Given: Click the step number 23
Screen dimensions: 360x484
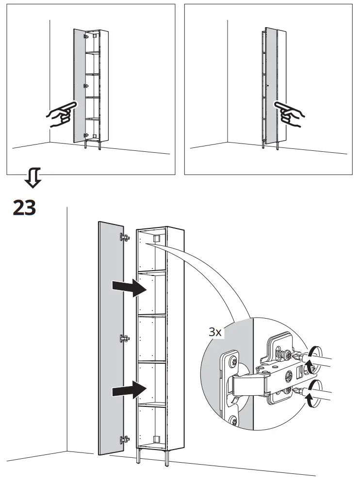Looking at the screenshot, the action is click(x=24, y=208).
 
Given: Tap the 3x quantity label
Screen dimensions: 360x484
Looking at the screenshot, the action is click(x=215, y=332).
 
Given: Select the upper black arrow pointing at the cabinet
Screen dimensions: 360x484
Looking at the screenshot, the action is click(x=129, y=288).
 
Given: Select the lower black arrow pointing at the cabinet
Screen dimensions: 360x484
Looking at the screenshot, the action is click(x=129, y=389).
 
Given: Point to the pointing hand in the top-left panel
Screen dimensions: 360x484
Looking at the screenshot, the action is click(x=61, y=114).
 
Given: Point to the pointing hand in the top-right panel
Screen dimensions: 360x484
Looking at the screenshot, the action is click(x=289, y=114).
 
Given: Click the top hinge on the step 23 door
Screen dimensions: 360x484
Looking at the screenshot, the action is click(x=125, y=237).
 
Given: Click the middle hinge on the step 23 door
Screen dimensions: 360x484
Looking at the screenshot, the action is click(x=125, y=339).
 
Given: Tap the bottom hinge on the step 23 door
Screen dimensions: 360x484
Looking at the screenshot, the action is click(x=125, y=439).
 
